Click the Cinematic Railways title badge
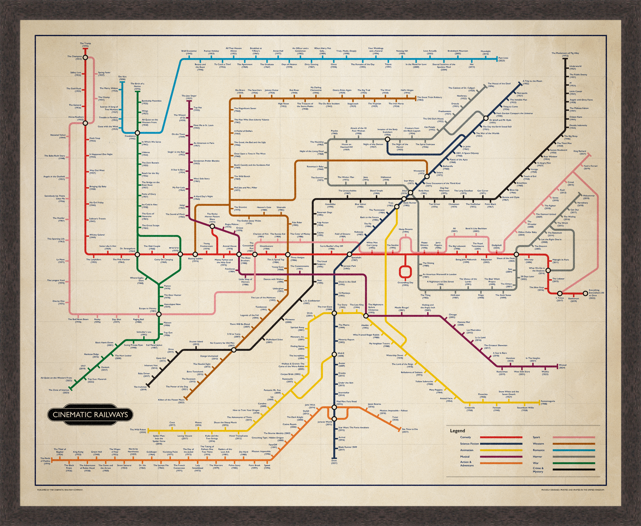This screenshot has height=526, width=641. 90,415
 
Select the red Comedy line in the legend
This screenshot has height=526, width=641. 501,438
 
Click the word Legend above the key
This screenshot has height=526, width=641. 457,431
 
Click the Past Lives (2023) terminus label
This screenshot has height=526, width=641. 503,59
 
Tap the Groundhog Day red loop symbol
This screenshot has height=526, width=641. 405,272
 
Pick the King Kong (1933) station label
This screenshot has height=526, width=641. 78,453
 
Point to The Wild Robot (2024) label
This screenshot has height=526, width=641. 138,430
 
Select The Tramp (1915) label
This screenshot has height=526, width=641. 85,44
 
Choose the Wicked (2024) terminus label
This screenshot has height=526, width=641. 562,366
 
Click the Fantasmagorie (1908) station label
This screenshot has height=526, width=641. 550,403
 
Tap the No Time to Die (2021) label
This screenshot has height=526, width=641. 410,430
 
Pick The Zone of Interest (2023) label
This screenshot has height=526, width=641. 59,391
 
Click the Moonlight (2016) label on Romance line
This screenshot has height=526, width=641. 486,52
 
